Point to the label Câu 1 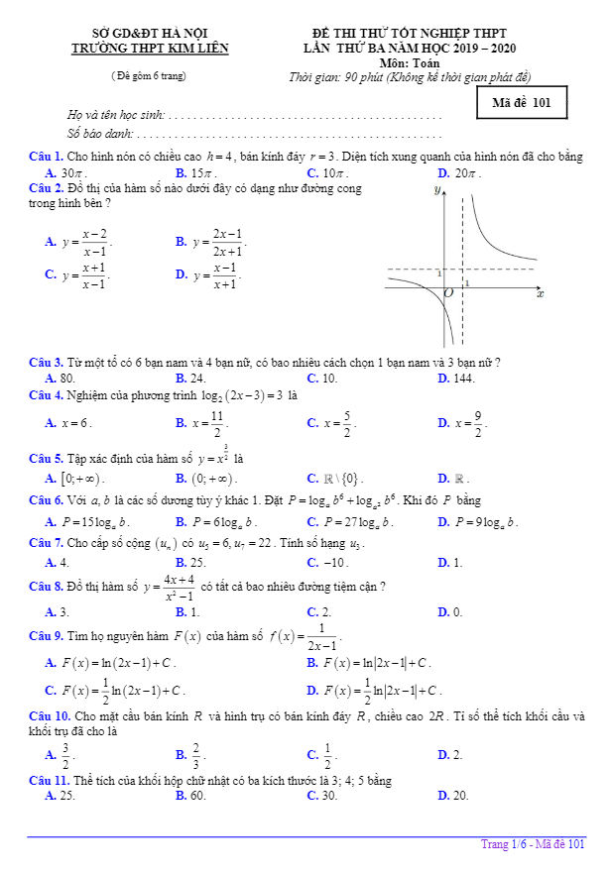47,157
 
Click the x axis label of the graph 541,293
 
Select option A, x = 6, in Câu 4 74,422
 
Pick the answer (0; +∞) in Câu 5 206,479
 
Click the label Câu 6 47,500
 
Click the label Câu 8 47,587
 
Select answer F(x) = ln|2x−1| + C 377,662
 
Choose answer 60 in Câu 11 196,795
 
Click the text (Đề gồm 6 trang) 149,75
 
